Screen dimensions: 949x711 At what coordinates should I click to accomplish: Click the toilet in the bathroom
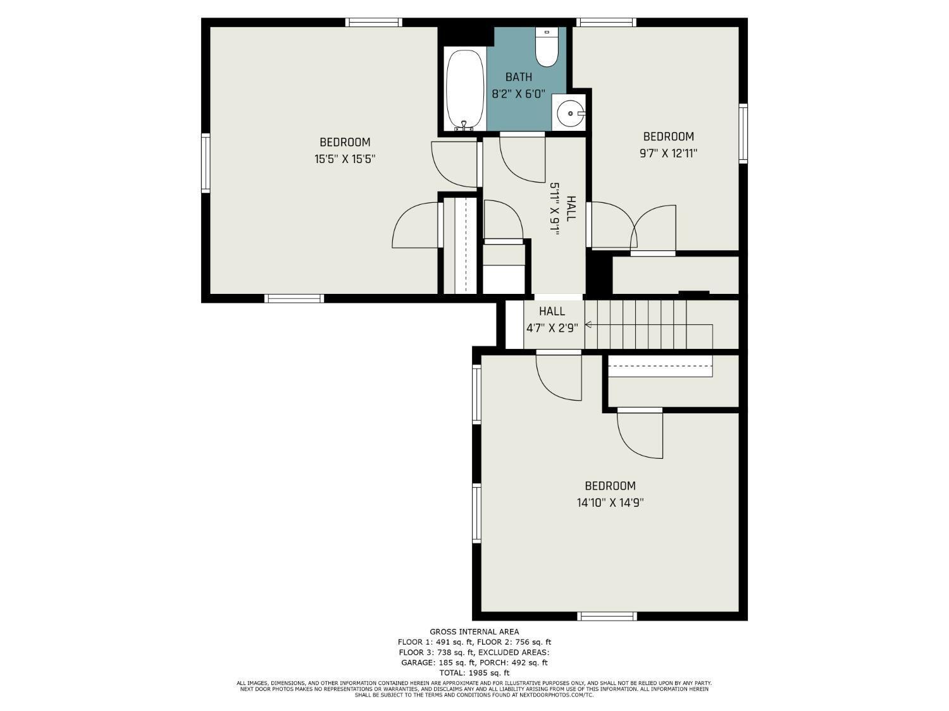547,47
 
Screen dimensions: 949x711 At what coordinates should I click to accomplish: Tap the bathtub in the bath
465,90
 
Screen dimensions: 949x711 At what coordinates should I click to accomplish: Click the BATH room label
518,77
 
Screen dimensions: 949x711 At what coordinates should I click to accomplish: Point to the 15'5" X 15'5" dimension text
344,159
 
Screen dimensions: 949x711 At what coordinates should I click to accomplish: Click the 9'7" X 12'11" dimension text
668,153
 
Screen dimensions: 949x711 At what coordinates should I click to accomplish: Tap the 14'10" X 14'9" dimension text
610,502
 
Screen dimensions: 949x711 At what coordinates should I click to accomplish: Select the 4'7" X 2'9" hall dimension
552,328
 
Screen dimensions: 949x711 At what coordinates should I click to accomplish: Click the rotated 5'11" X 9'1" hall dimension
555,209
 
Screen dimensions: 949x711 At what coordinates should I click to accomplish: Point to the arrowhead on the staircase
588,324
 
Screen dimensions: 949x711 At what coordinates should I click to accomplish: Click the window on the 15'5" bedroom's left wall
206,163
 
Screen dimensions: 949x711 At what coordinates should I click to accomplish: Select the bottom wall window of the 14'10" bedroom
607,616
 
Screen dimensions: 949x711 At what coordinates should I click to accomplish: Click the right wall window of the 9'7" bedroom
743,133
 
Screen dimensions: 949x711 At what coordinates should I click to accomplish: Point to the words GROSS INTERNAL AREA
475,631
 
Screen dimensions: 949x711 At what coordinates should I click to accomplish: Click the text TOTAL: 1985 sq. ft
475,672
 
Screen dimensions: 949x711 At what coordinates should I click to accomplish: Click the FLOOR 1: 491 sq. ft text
435,642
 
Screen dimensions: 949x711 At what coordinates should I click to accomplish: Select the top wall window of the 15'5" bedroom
373,23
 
